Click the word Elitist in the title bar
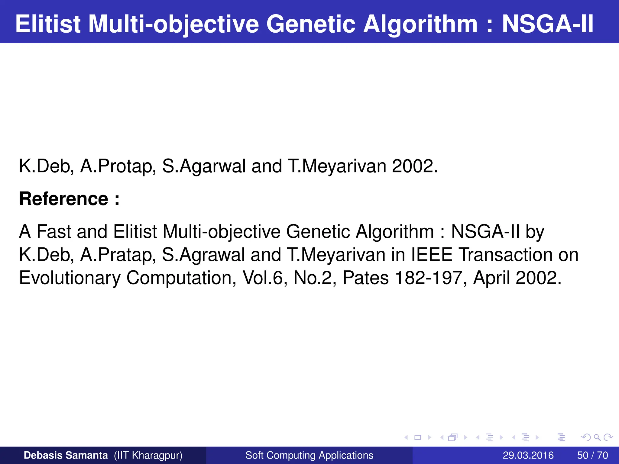click(48, 24)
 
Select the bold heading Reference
click(64, 199)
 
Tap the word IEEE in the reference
click(432, 255)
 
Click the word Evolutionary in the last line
click(70, 278)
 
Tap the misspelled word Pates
click(365, 278)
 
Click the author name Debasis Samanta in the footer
click(66, 455)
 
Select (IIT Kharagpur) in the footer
click(148, 455)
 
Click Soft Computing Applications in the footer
click(309, 455)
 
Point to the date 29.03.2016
click(528, 455)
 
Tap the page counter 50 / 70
click(592, 455)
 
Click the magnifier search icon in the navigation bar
click(597, 437)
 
